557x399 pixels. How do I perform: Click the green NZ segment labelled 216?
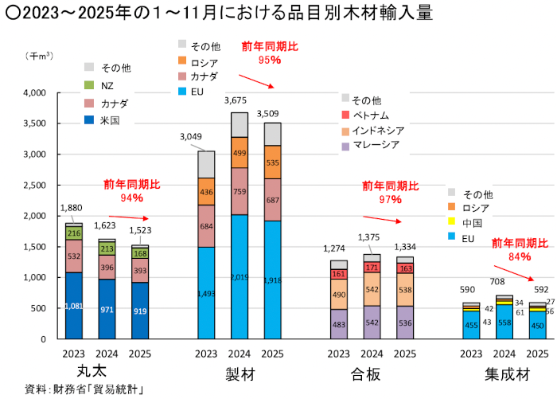tap(74, 233)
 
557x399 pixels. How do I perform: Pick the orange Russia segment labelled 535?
tap(273, 162)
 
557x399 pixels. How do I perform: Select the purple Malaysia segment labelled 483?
tap(339, 324)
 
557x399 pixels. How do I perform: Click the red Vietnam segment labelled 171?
tap(372, 268)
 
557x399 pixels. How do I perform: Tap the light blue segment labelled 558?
tap(504, 322)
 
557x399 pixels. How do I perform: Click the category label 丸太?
tap(88, 372)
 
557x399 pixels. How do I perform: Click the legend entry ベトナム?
tap(372, 115)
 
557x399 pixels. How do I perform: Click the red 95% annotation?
tap(270, 60)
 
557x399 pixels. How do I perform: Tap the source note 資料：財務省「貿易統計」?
tap(77, 389)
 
